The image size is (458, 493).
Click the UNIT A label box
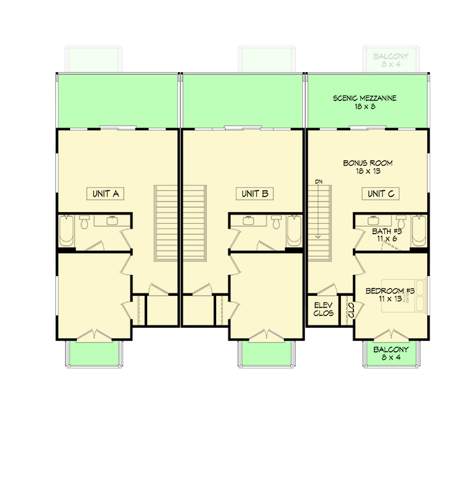(x=105, y=194)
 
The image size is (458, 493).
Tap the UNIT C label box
(x=380, y=194)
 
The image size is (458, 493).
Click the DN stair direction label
(x=318, y=182)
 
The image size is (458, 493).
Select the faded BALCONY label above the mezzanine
(x=392, y=60)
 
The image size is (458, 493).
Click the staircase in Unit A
(x=166, y=222)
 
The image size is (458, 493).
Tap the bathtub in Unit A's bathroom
(x=66, y=231)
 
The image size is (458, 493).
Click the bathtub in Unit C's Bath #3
(x=420, y=231)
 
